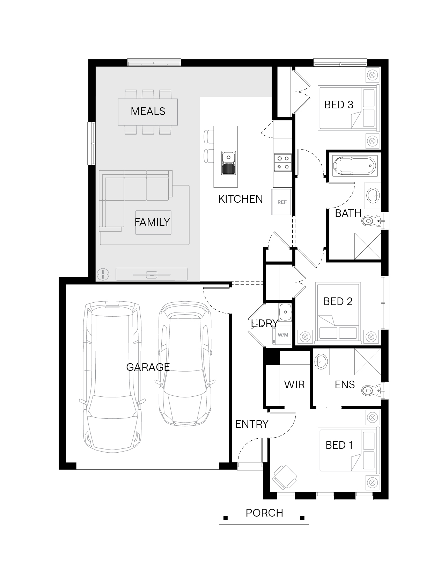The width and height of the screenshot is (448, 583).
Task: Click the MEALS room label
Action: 148,111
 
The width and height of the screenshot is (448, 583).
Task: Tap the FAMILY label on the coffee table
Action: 152,222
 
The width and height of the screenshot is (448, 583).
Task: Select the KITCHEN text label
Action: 241,199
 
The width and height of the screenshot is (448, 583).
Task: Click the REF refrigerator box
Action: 281,202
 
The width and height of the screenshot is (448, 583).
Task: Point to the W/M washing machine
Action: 282,334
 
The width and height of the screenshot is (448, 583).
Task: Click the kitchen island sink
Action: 228,163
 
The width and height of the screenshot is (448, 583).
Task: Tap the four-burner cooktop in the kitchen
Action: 282,163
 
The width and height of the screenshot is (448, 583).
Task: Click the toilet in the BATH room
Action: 372,221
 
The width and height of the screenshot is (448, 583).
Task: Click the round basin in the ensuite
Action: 321,361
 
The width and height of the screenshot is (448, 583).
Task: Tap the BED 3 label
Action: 339,105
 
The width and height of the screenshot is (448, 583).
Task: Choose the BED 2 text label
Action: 338,301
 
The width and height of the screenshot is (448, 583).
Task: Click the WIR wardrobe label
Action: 294,384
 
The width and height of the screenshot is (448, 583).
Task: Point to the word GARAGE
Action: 148,367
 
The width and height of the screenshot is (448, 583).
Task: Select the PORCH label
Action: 264,513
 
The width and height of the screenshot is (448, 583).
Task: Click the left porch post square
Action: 226,518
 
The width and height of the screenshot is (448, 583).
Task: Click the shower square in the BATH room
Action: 368,246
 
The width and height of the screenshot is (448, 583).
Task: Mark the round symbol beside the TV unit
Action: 103,274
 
